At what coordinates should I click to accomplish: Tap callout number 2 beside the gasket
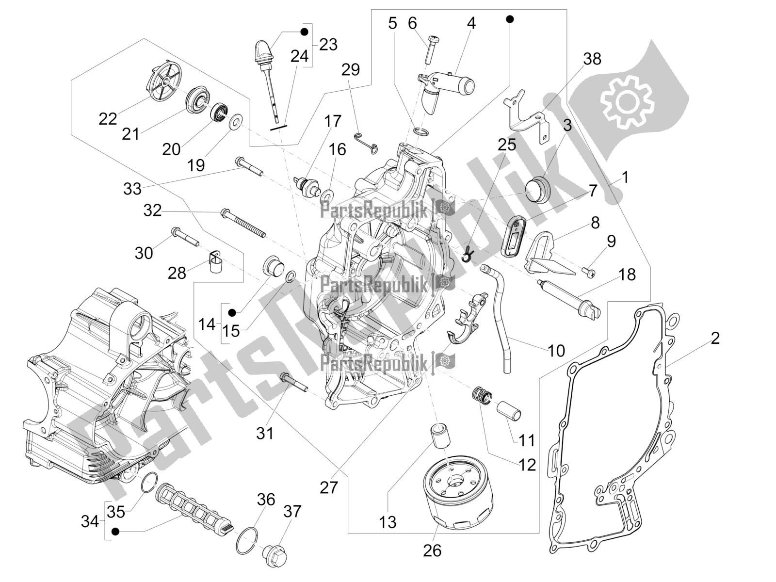point(715,338)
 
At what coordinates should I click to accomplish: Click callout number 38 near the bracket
point(592,59)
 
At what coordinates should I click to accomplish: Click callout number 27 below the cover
point(328,487)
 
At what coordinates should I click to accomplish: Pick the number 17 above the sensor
point(333,121)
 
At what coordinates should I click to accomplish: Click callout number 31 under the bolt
point(265,433)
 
